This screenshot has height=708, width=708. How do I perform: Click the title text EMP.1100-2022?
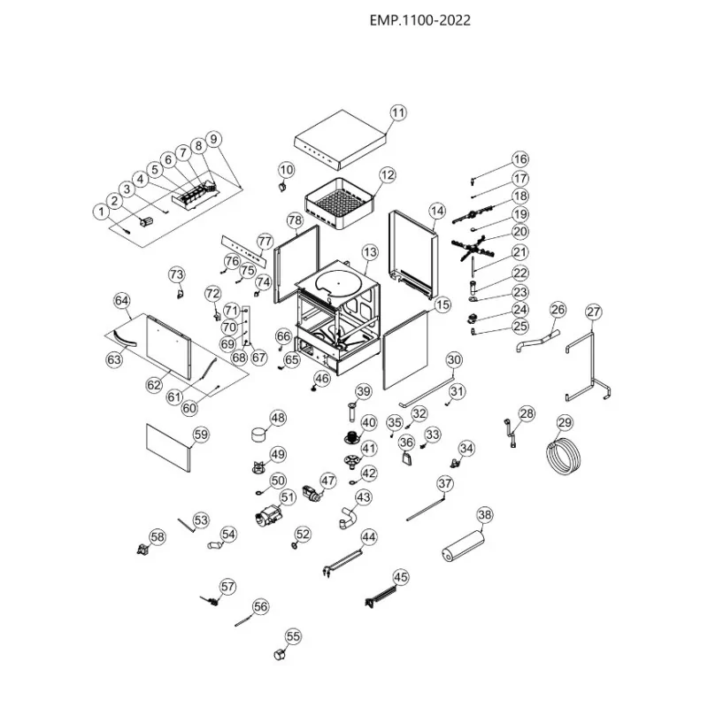point(419,21)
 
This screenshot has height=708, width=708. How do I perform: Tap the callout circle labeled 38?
point(484,514)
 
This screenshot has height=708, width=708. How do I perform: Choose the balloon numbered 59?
point(201,434)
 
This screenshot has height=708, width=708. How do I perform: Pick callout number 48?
point(278,418)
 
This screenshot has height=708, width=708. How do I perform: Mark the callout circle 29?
point(565,421)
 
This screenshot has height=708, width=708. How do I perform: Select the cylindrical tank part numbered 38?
point(464,541)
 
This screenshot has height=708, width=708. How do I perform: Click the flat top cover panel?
point(341,142)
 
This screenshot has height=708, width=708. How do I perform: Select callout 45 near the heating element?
point(401,577)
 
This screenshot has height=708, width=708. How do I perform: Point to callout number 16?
point(519,159)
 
